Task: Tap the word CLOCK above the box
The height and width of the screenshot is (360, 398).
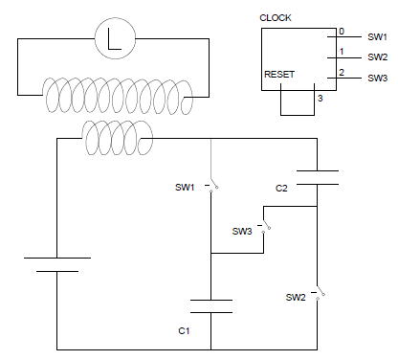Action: coord(276,18)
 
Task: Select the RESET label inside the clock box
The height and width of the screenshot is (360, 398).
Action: coord(279,75)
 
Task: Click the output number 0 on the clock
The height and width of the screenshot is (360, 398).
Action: coord(342,32)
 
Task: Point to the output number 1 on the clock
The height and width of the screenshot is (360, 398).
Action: coord(342,52)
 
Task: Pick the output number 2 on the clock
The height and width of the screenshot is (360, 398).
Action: coord(342,73)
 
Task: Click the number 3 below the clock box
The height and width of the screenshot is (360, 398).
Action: coord(321,99)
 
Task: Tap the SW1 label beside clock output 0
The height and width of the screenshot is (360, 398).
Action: coord(377,37)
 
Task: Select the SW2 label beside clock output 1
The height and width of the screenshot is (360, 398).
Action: coord(378,57)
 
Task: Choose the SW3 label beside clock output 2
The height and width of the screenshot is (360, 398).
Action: coord(378,79)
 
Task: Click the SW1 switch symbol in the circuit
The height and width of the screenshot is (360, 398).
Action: coord(211,186)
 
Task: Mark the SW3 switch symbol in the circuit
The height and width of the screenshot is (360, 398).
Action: coord(264,226)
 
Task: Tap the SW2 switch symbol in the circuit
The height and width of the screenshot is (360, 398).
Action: coord(319,293)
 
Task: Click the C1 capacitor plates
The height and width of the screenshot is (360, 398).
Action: coord(211,306)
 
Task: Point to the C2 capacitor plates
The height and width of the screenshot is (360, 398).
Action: coord(318,177)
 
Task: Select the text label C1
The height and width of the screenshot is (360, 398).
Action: coord(184,331)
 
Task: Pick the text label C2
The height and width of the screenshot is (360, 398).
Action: coord(281,189)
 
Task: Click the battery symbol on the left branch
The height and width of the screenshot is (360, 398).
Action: coord(57,264)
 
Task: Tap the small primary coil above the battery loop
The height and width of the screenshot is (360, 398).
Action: coord(118,138)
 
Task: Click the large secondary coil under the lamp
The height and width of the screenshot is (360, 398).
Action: coord(118,96)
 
